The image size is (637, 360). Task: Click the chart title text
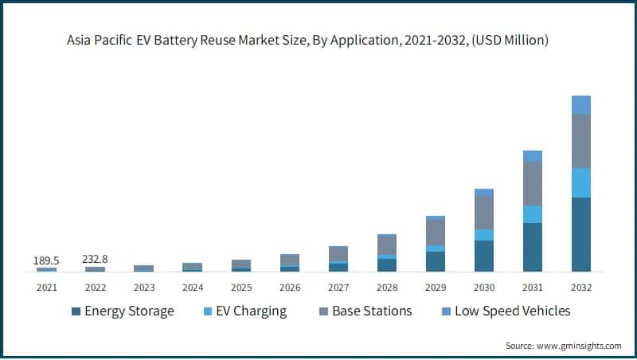318,39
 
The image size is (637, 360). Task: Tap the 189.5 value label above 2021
46,260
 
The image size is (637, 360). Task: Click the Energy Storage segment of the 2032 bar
581,234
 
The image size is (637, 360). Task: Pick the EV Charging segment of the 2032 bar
581,182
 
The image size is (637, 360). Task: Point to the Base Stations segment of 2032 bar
581,141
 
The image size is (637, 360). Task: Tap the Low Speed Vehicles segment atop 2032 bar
581,104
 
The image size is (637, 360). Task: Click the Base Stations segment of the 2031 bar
532,183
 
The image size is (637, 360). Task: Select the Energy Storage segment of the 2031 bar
532,247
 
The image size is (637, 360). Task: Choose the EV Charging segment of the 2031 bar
532,213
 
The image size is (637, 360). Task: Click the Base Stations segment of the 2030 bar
484,212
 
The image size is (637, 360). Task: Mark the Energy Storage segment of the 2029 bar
436,261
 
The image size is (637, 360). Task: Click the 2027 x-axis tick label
338,287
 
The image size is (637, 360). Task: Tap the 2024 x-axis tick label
192,287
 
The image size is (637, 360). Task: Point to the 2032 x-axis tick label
581,287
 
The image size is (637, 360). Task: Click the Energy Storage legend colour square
76,311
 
